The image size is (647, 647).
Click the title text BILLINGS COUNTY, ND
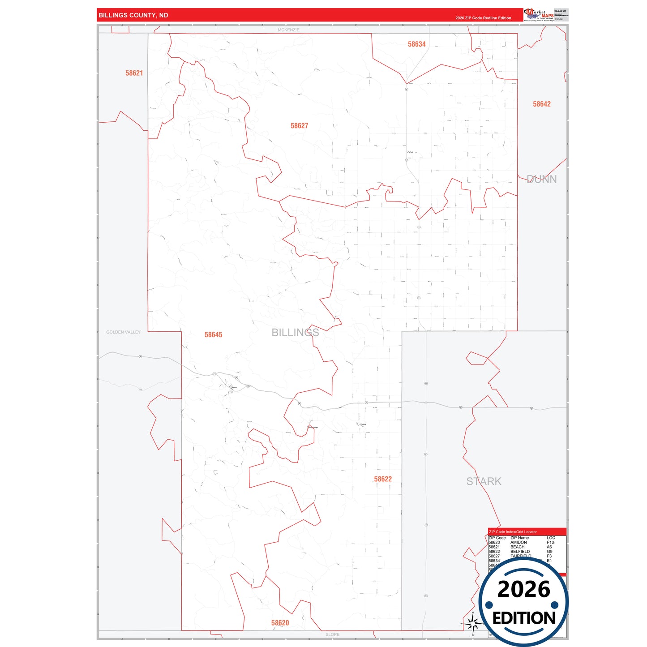click(133, 15)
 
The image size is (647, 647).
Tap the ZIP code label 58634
click(416, 44)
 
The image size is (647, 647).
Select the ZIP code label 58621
click(134, 73)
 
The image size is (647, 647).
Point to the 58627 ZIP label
click(299, 126)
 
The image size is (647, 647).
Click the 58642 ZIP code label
click(541, 104)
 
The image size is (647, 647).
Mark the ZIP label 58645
click(213, 335)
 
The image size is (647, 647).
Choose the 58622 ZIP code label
click(383, 479)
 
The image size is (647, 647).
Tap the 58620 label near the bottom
click(280, 623)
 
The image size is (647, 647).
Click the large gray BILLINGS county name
click(295, 332)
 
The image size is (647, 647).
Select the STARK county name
click(484, 481)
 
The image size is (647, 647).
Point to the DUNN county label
click(542, 179)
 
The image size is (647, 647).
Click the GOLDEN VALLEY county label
click(123, 332)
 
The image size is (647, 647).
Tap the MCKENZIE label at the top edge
click(288, 30)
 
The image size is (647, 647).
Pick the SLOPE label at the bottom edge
click(332, 634)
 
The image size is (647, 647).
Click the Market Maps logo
click(539, 15)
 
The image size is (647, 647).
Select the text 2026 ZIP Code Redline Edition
click(483, 18)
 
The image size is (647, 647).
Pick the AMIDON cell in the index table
click(518, 542)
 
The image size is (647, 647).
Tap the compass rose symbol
click(473, 623)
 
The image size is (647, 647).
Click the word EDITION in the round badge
click(524, 618)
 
